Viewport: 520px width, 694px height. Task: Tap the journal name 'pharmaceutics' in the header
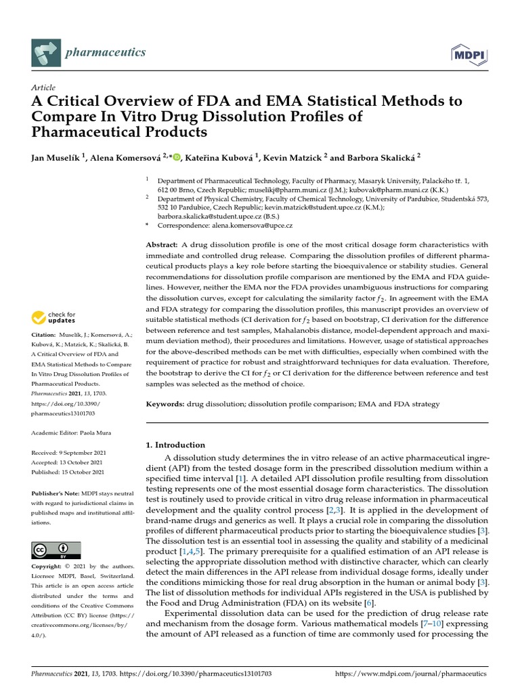click(x=105, y=52)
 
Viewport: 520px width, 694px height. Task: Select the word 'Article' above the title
click(x=43, y=88)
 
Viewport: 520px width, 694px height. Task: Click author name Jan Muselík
click(x=56, y=157)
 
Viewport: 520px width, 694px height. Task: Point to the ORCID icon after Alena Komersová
click(x=177, y=158)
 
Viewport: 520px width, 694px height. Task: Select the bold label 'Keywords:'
click(x=166, y=404)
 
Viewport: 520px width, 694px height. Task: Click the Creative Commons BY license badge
click(x=56, y=550)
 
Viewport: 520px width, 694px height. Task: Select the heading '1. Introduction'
click(x=175, y=445)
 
